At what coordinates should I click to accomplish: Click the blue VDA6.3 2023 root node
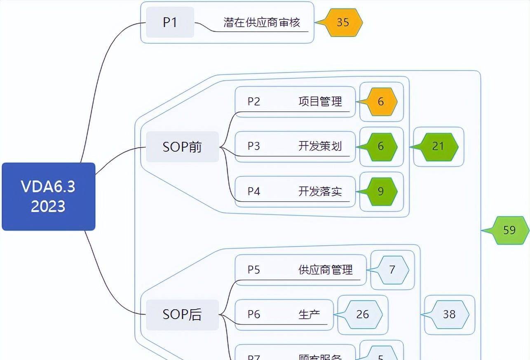[x=49, y=196]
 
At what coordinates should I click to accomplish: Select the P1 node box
[x=170, y=22]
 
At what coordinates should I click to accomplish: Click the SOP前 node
[x=182, y=147]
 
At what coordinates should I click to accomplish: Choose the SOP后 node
[x=182, y=315]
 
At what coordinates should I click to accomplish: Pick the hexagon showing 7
[x=392, y=270]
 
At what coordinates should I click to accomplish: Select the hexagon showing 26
[x=363, y=315]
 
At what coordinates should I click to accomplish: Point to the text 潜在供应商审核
[x=262, y=22]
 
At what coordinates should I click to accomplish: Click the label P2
[x=254, y=101]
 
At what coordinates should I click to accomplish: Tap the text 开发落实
[x=320, y=191]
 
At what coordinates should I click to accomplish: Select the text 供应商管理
[x=326, y=270]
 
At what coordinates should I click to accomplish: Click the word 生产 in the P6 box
[x=309, y=315]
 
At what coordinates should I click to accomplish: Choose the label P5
[x=254, y=270]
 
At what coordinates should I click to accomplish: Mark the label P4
[x=254, y=191]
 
